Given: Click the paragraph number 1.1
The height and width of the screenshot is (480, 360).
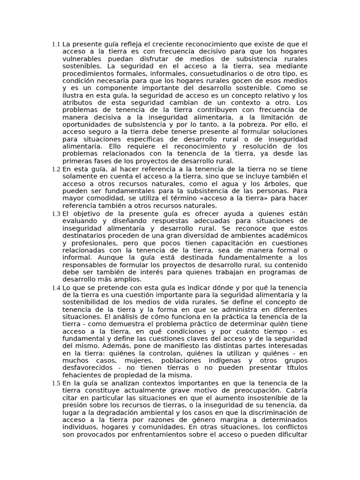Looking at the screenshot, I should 56,45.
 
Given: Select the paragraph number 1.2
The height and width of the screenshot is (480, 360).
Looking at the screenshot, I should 56,169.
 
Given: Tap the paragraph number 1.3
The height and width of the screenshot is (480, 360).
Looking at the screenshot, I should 56,214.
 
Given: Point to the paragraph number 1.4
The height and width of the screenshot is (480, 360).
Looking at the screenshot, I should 56,287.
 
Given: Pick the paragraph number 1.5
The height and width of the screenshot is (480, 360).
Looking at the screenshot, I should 56,383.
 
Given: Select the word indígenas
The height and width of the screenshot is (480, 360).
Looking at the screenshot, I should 221,361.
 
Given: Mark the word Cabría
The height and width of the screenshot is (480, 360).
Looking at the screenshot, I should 297,390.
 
